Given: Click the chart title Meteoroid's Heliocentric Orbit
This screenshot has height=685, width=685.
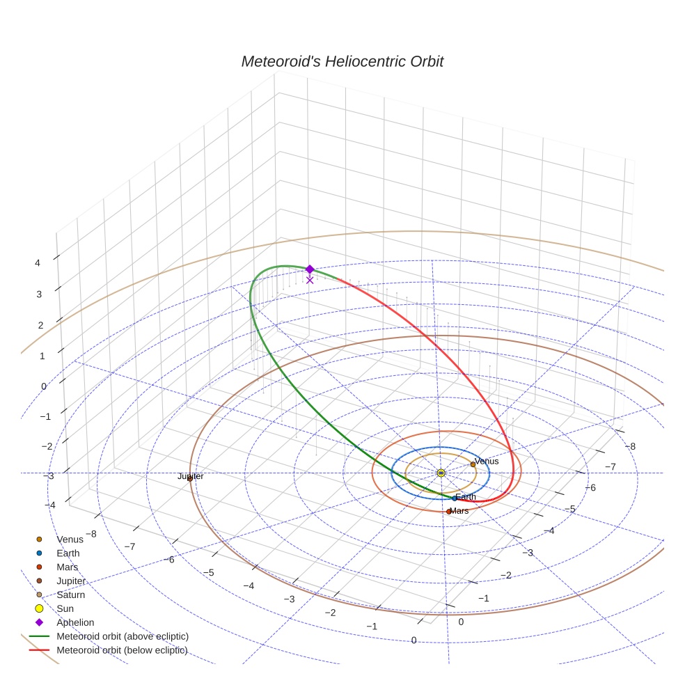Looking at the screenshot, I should [x=342, y=61].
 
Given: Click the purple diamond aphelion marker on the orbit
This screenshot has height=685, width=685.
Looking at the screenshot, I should [x=310, y=269].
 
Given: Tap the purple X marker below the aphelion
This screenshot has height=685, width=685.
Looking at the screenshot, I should [x=310, y=280].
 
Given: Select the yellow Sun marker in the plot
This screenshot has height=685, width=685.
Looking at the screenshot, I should [x=441, y=473].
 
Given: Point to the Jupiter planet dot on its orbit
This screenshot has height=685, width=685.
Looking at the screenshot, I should [x=190, y=478].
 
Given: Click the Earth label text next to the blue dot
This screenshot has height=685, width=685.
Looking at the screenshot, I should [x=466, y=497].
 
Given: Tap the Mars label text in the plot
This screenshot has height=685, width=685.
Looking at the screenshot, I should [x=459, y=511].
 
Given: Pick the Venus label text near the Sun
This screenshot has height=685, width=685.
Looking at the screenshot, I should [x=487, y=461].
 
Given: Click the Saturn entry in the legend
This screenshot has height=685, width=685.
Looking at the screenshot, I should [x=70, y=595].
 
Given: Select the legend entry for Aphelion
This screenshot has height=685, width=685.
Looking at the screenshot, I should [x=75, y=622].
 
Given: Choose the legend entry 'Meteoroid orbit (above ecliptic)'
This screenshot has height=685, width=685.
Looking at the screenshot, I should [x=123, y=636].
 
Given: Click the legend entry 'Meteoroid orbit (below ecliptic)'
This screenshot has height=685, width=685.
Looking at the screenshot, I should [x=122, y=650].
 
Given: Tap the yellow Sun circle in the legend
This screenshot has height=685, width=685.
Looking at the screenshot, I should [x=39, y=608].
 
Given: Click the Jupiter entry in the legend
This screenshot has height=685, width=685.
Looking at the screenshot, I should [x=71, y=581].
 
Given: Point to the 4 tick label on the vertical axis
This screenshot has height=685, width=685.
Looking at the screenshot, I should [x=38, y=262].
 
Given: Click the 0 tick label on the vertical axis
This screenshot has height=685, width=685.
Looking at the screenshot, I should [x=44, y=386].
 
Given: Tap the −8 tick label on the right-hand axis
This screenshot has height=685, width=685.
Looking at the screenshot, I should [x=630, y=446].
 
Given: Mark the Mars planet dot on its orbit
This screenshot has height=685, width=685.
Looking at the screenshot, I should [x=449, y=512].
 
